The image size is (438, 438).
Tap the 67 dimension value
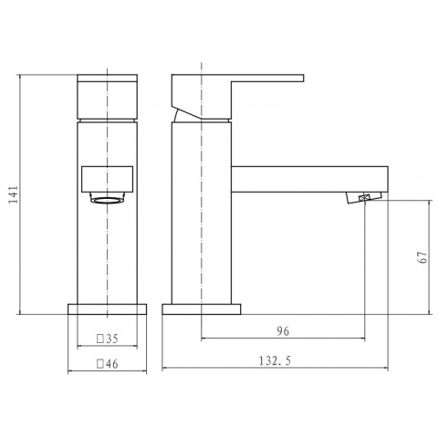point(422,257)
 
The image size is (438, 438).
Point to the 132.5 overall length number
point(273,361)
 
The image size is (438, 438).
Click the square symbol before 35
point(101,338)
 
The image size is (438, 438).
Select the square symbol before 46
point(101,361)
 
